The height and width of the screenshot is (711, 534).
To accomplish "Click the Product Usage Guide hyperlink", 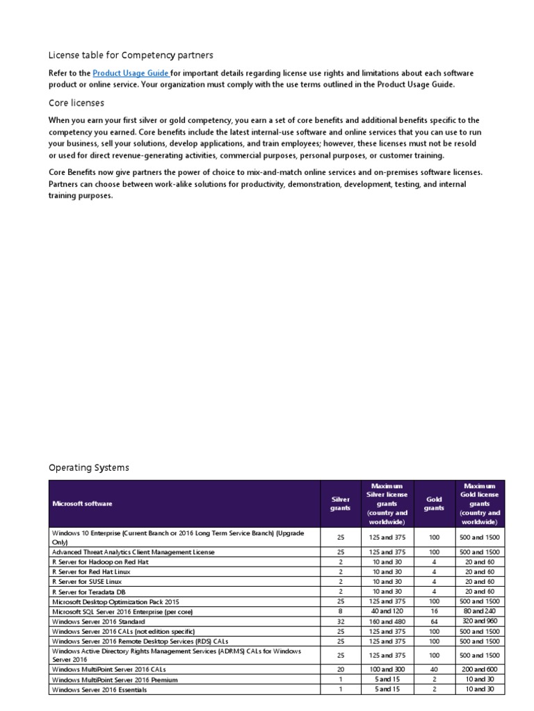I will pyautogui.click(x=131, y=74).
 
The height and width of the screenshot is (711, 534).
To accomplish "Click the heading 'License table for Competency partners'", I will pyautogui.click(x=131, y=55).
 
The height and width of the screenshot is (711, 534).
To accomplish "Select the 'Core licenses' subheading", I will pyautogui.click(x=76, y=103).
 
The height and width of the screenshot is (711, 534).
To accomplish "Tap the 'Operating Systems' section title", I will pyautogui.click(x=89, y=468).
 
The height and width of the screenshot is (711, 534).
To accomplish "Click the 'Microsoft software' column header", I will pyautogui.click(x=82, y=503).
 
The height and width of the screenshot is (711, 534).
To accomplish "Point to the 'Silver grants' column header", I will pyautogui.click(x=341, y=503).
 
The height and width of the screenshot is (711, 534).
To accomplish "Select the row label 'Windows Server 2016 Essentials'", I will pyautogui.click(x=104, y=689).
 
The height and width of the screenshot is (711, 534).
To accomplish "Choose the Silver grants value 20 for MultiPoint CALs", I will pyautogui.click(x=341, y=669).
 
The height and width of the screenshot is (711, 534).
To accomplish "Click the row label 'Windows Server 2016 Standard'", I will pyautogui.click(x=101, y=621).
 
